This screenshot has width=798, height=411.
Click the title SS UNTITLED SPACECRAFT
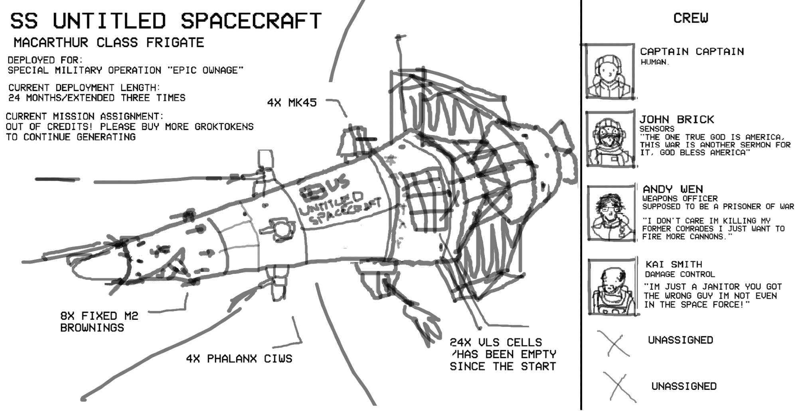166,21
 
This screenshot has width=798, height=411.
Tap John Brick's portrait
610,139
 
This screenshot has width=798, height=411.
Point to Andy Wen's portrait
611,213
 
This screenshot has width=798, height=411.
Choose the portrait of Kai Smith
613,287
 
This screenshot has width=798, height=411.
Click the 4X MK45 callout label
292,103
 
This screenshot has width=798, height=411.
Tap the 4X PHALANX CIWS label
239,359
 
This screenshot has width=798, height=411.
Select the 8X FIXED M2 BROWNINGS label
99,322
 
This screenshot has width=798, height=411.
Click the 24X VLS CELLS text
496,342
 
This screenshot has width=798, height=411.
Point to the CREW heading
691,18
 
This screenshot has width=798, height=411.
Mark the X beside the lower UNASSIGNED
619,387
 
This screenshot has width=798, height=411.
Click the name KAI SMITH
674,264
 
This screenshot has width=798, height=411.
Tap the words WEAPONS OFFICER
680,198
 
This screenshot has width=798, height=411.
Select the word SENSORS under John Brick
657,129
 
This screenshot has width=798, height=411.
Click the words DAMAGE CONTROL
680,274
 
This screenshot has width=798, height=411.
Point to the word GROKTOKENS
224,127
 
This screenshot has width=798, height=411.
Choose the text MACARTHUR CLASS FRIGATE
109,42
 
